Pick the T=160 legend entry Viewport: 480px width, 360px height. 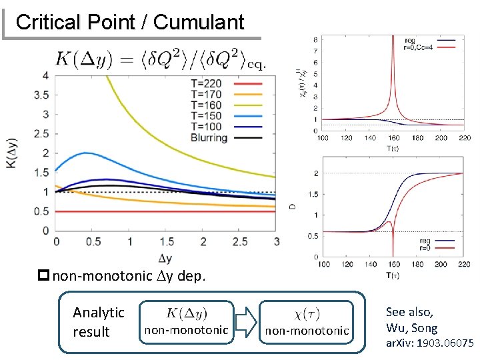(x=207, y=106)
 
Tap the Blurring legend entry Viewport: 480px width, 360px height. (x=209, y=138)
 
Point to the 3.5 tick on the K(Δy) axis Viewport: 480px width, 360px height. (x=41, y=95)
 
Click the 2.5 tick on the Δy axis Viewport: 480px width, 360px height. (x=238, y=241)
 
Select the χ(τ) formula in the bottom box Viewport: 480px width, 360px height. (x=306, y=312)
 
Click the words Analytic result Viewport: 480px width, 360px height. (x=99, y=321)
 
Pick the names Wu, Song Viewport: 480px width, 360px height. (x=411, y=327)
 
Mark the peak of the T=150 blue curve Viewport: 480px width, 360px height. (x=86, y=153)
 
